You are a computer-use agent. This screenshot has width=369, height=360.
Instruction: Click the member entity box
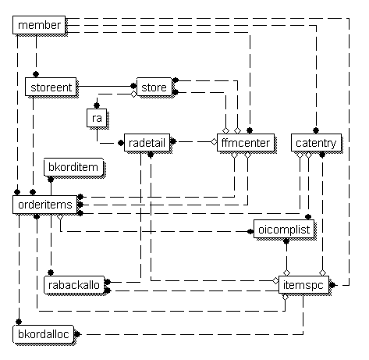(39, 25)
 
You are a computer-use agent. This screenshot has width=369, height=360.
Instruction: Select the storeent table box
(51, 87)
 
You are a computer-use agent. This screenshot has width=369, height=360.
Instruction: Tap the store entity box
(154, 87)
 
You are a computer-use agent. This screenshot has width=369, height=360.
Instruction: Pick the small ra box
(97, 118)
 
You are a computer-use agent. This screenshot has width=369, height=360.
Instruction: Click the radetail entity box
(147, 143)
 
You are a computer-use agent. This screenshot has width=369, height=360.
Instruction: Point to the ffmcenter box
(246, 143)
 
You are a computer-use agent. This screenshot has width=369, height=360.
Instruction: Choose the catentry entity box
(316, 143)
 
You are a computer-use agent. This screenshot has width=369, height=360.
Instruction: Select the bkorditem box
(73, 167)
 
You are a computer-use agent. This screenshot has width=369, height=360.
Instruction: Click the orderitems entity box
(45, 205)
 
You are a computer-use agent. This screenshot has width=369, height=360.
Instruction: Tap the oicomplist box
(284, 230)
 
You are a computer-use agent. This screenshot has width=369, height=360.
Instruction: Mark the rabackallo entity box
(74, 285)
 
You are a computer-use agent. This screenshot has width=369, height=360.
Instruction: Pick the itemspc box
(303, 285)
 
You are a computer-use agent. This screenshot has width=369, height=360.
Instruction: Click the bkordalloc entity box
(44, 334)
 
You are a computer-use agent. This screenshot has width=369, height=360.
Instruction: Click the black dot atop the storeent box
(36, 74)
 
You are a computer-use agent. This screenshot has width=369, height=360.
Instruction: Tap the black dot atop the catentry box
(316, 130)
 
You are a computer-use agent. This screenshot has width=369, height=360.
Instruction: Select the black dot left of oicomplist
(250, 231)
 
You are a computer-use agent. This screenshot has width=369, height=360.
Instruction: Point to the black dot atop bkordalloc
(19, 322)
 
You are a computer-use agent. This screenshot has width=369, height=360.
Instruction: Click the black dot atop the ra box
(97, 105)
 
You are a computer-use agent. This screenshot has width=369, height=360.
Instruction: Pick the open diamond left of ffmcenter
(214, 142)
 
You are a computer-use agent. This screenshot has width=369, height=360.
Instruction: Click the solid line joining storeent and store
(105, 86)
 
